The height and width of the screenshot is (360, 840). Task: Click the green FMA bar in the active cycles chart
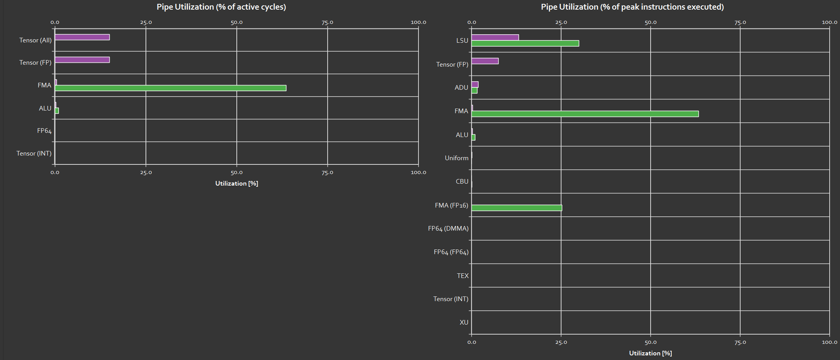coord(171,88)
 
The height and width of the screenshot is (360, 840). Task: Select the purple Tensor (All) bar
coord(82,37)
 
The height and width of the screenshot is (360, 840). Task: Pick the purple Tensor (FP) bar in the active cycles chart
coord(82,60)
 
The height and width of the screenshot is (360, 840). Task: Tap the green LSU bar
coord(525,44)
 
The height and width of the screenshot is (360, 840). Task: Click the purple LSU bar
coord(495,37)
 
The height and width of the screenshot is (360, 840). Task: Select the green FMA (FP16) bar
coord(517,208)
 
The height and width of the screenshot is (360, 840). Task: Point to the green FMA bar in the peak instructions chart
coord(585,114)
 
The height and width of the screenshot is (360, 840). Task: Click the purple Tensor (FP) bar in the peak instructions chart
coord(485,61)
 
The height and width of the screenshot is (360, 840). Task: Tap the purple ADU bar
coord(475,84)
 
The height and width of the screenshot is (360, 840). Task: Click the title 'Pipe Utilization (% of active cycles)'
coord(221,7)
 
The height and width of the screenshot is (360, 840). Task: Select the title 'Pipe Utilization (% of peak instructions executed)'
coord(632,7)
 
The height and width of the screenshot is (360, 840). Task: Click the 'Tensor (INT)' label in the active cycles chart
coord(34,153)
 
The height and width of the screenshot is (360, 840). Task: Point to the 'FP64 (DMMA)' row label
coord(448,228)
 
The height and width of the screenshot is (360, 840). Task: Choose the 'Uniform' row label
coord(457,158)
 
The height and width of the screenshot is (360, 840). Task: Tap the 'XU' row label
coord(464,322)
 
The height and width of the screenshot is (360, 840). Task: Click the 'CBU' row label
coord(462,181)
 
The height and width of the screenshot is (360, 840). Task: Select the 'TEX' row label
coord(463,276)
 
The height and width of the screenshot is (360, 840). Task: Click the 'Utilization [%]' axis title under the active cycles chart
coord(236,183)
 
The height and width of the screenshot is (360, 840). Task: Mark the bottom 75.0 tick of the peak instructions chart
coord(740,342)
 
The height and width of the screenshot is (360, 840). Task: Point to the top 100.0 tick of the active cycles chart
coord(418,22)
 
